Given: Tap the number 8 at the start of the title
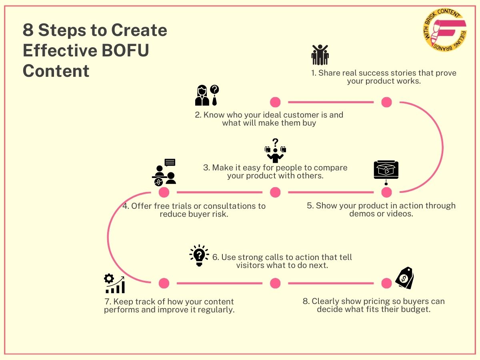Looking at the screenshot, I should [x=28, y=30].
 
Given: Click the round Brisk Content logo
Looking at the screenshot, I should [x=444, y=30].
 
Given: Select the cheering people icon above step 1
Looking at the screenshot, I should [x=320, y=55].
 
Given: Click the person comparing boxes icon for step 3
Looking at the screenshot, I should [x=275, y=150].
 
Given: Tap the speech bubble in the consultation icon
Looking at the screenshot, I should [x=170, y=162].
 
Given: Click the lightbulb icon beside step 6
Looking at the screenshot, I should [x=199, y=256].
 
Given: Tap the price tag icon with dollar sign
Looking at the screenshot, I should [x=404, y=278].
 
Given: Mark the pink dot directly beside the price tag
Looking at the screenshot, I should [x=386, y=283].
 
